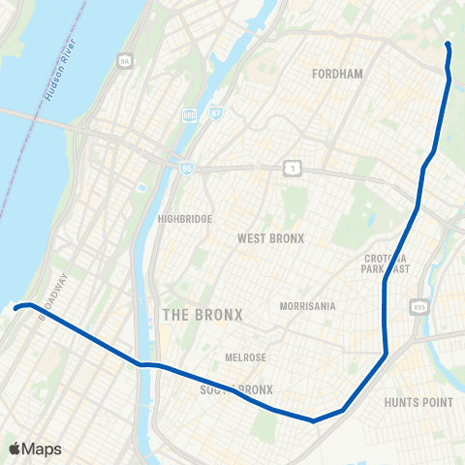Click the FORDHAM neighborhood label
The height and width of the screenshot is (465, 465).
click(x=337, y=73)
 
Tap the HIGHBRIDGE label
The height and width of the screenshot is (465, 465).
click(x=184, y=219)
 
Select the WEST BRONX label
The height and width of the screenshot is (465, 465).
click(x=271, y=238)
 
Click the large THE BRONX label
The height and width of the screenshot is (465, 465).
click(x=202, y=315)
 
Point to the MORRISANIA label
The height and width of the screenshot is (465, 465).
click(x=307, y=306)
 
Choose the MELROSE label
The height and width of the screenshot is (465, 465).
click(x=245, y=357)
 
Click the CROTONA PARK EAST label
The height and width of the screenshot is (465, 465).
click(x=386, y=263)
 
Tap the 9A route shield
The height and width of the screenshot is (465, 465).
click(x=124, y=61)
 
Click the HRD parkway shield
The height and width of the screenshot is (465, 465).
click(x=189, y=116)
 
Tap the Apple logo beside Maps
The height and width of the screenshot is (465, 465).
click(x=15, y=449)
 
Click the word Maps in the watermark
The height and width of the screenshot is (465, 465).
click(x=43, y=449)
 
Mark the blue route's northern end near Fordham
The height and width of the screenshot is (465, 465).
click(x=448, y=46)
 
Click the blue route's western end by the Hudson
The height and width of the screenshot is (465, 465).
click(x=16, y=308)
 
